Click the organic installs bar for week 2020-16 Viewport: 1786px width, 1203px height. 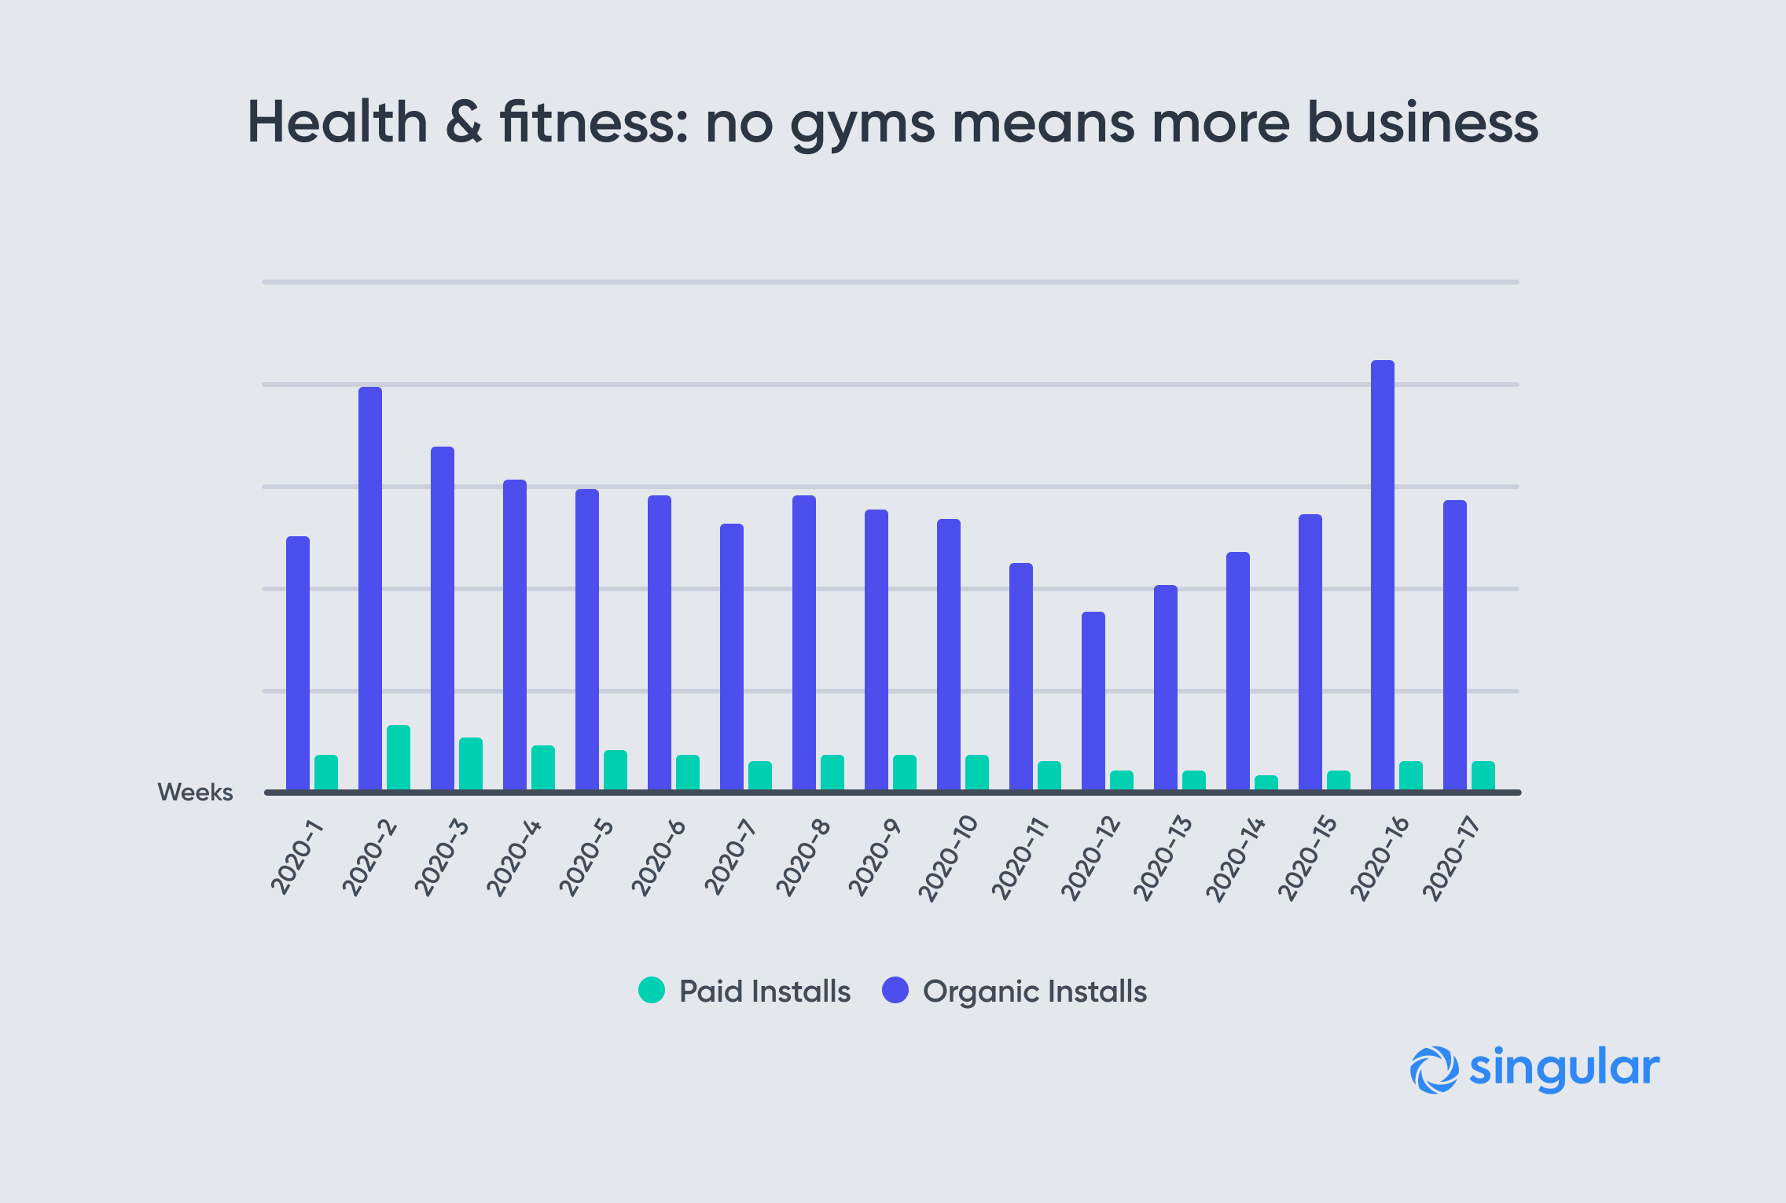pos(1382,575)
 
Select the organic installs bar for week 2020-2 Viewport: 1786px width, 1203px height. pos(370,588)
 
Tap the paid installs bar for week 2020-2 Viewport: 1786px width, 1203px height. pos(399,757)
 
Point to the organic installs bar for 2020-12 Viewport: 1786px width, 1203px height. pos(1093,701)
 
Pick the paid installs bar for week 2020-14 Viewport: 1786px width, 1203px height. pos(1266,782)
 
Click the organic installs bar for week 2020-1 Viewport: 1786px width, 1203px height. pos(298,663)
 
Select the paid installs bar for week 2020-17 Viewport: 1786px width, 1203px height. pos(1483,775)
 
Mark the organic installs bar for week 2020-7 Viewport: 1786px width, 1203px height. pos(732,657)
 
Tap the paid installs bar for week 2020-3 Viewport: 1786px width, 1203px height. pos(471,763)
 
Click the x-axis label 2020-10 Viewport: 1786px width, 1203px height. pos(948,858)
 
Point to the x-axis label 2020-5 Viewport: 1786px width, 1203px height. pos(586,856)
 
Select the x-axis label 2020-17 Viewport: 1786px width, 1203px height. pos(1451,858)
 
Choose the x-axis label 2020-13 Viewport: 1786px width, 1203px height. pos(1163,858)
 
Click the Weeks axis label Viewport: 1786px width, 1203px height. pos(195,792)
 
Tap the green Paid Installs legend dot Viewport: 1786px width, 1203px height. pos(652,990)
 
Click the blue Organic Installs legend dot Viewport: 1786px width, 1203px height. pos(895,990)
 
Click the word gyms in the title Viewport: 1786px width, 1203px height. pos(862,126)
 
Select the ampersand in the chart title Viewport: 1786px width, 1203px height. pos(464,122)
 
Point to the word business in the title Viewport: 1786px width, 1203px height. pos(1423,122)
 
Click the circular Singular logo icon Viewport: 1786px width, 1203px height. pos(1435,1069)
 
